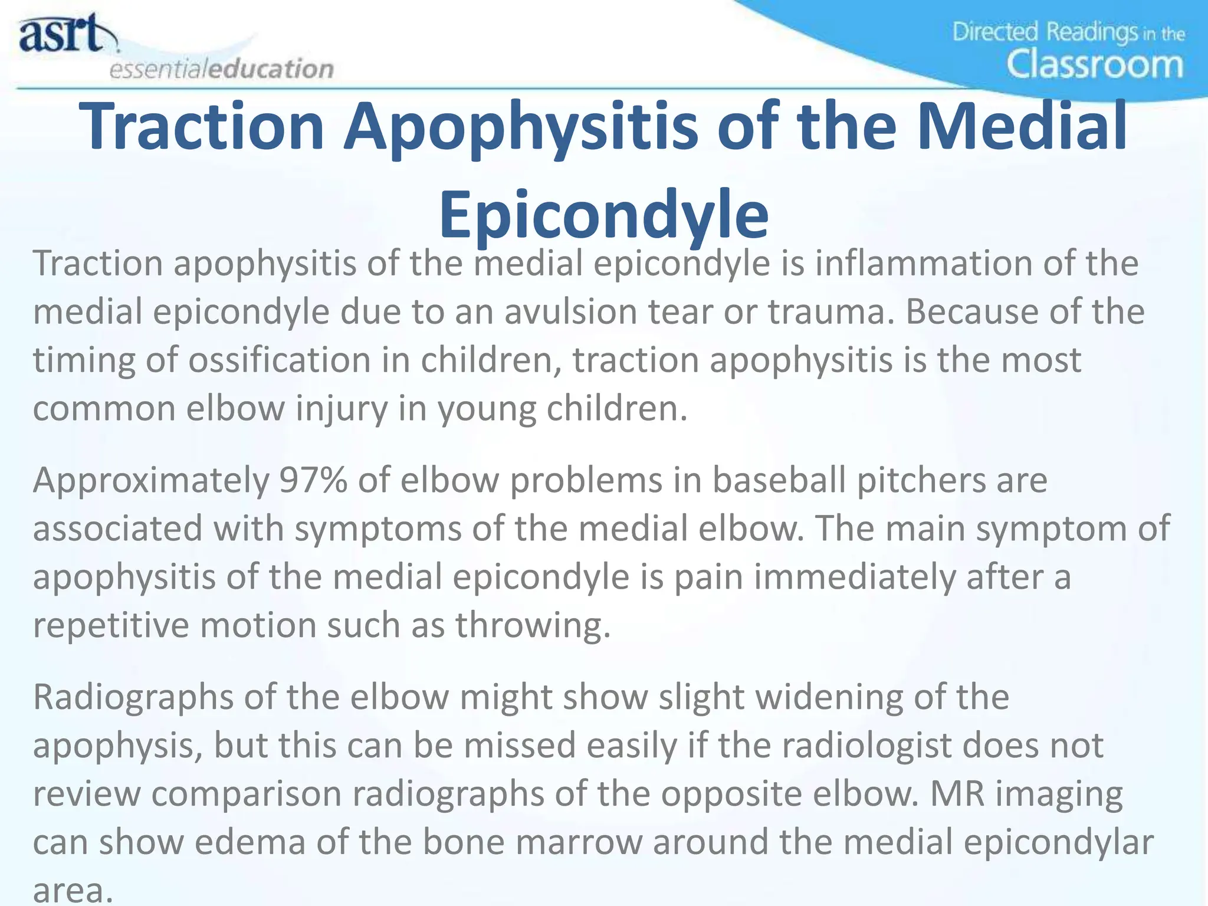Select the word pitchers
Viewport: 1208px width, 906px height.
coord(921,480)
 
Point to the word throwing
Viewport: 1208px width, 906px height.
coord(532,625)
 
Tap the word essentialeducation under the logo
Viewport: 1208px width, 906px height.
coord(222,69)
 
